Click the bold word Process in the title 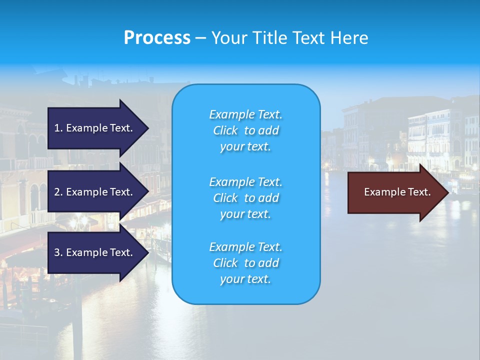(x=157, y=38)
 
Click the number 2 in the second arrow (x=57, y=192)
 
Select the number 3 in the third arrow (x=57, y=253)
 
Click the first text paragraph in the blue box (x=245, y=130)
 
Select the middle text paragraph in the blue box (x=245, y=198)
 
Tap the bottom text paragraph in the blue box (x=245, y=263)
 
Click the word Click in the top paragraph (x=225, y=130)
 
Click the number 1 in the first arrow (x=56, y=128)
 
